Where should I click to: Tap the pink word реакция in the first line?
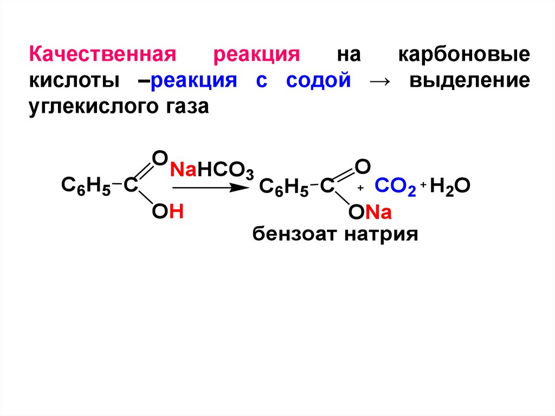(257, 56)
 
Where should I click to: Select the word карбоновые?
(464, 55)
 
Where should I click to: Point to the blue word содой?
(319, 82)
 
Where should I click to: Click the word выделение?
(469, 82)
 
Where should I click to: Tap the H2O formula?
(450, 187)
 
